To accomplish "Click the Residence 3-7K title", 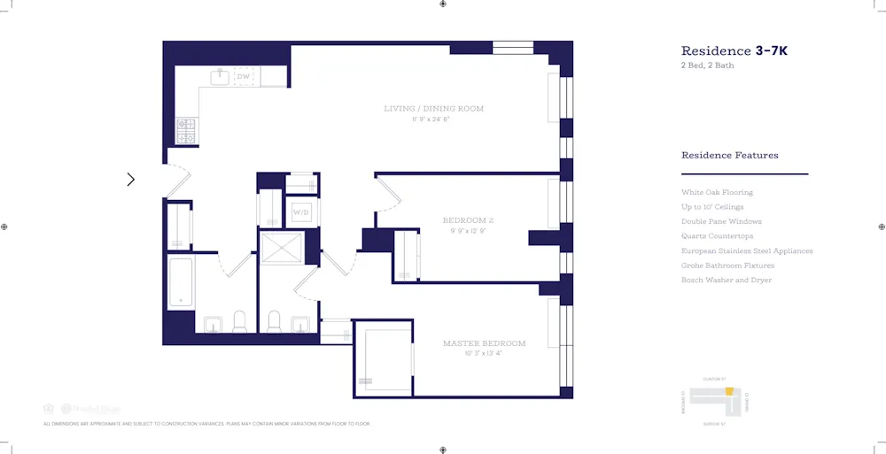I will (734, 51).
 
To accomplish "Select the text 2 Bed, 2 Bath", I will (707, 66).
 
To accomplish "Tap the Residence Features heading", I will (729, 156).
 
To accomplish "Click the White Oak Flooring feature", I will (717, 192).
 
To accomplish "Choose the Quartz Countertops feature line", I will (717, 236).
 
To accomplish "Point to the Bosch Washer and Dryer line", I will (726, 281).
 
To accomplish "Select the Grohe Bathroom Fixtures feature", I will (727, 265).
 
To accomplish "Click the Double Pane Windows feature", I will (721, 221).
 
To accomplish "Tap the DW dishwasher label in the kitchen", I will (244, 77).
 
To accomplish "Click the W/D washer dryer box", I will (301, 212).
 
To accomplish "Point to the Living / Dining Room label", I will (433, 109).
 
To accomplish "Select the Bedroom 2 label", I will (468, 219).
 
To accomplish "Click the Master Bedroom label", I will (484, 343).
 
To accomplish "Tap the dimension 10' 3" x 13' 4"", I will (484, 354).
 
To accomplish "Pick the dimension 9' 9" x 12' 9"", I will (468, 231).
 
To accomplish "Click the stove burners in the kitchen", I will (186, 132).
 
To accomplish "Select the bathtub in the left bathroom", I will (181, 281).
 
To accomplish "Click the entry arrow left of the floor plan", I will (131, 180).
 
